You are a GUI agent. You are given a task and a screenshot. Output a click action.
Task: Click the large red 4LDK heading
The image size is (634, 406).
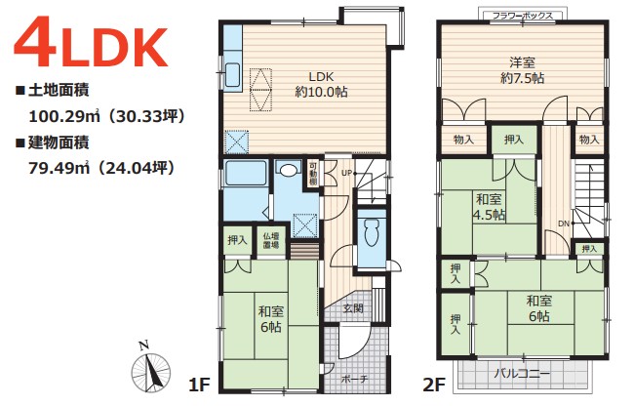coord(91,42)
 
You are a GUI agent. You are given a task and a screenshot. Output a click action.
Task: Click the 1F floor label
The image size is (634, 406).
coord(199,385)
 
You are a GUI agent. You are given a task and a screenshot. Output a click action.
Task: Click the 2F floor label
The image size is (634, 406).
coord(434,385)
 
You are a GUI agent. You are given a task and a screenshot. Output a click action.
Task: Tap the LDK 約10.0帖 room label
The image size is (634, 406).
coord(321,85)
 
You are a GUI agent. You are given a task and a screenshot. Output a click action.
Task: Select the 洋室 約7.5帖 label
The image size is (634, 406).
coord(522,70)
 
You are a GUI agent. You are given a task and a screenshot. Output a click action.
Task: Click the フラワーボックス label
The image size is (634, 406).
coord(522,16)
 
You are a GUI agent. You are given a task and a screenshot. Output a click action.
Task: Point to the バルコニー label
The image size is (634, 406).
coord(522,373)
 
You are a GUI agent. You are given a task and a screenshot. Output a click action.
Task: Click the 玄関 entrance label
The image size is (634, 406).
coord(353,308)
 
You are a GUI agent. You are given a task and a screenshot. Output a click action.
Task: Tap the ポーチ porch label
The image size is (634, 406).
coord(354,380)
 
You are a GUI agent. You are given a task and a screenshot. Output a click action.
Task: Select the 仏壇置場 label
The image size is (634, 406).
coord(271,240)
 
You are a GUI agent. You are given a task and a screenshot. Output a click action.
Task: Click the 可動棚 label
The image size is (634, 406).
coord(313,173)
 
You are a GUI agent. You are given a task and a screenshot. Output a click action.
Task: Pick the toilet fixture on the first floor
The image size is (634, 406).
coord(372,233)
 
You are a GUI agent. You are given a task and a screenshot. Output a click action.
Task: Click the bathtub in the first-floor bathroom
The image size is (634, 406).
coord(246,174)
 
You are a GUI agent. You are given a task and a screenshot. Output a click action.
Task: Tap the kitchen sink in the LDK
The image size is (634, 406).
coord(232,75)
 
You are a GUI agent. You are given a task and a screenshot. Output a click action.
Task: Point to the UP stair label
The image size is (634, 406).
coord(346,173)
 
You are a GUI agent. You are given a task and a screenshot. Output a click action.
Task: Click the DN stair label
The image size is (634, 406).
coord(564,223)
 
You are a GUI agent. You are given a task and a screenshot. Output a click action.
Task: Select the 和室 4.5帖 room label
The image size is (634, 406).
coord(489,207)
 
